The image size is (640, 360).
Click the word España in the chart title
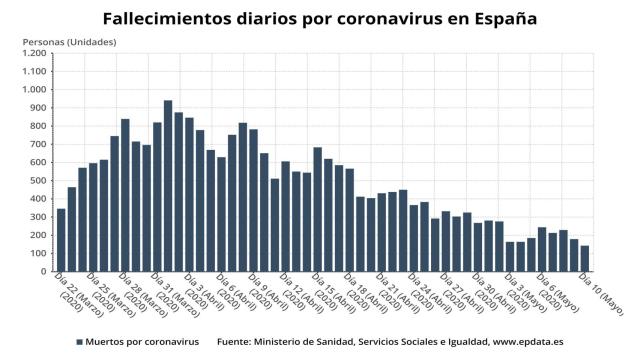tap(500, 18)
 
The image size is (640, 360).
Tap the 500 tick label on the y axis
tap(38, 180)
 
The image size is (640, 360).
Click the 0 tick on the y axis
tap(45, 271)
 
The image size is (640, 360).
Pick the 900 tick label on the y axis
tap(38, 108)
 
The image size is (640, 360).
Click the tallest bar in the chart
tap(168, 185)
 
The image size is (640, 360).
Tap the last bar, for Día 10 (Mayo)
tap(585, 259)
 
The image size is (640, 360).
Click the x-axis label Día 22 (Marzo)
tap(74, 294)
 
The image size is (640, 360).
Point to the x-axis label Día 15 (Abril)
tap(333, 294)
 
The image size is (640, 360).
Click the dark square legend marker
tap(79, 342)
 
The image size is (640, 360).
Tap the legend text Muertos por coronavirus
tap(143, 342)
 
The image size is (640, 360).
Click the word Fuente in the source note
tap(237, 342)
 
